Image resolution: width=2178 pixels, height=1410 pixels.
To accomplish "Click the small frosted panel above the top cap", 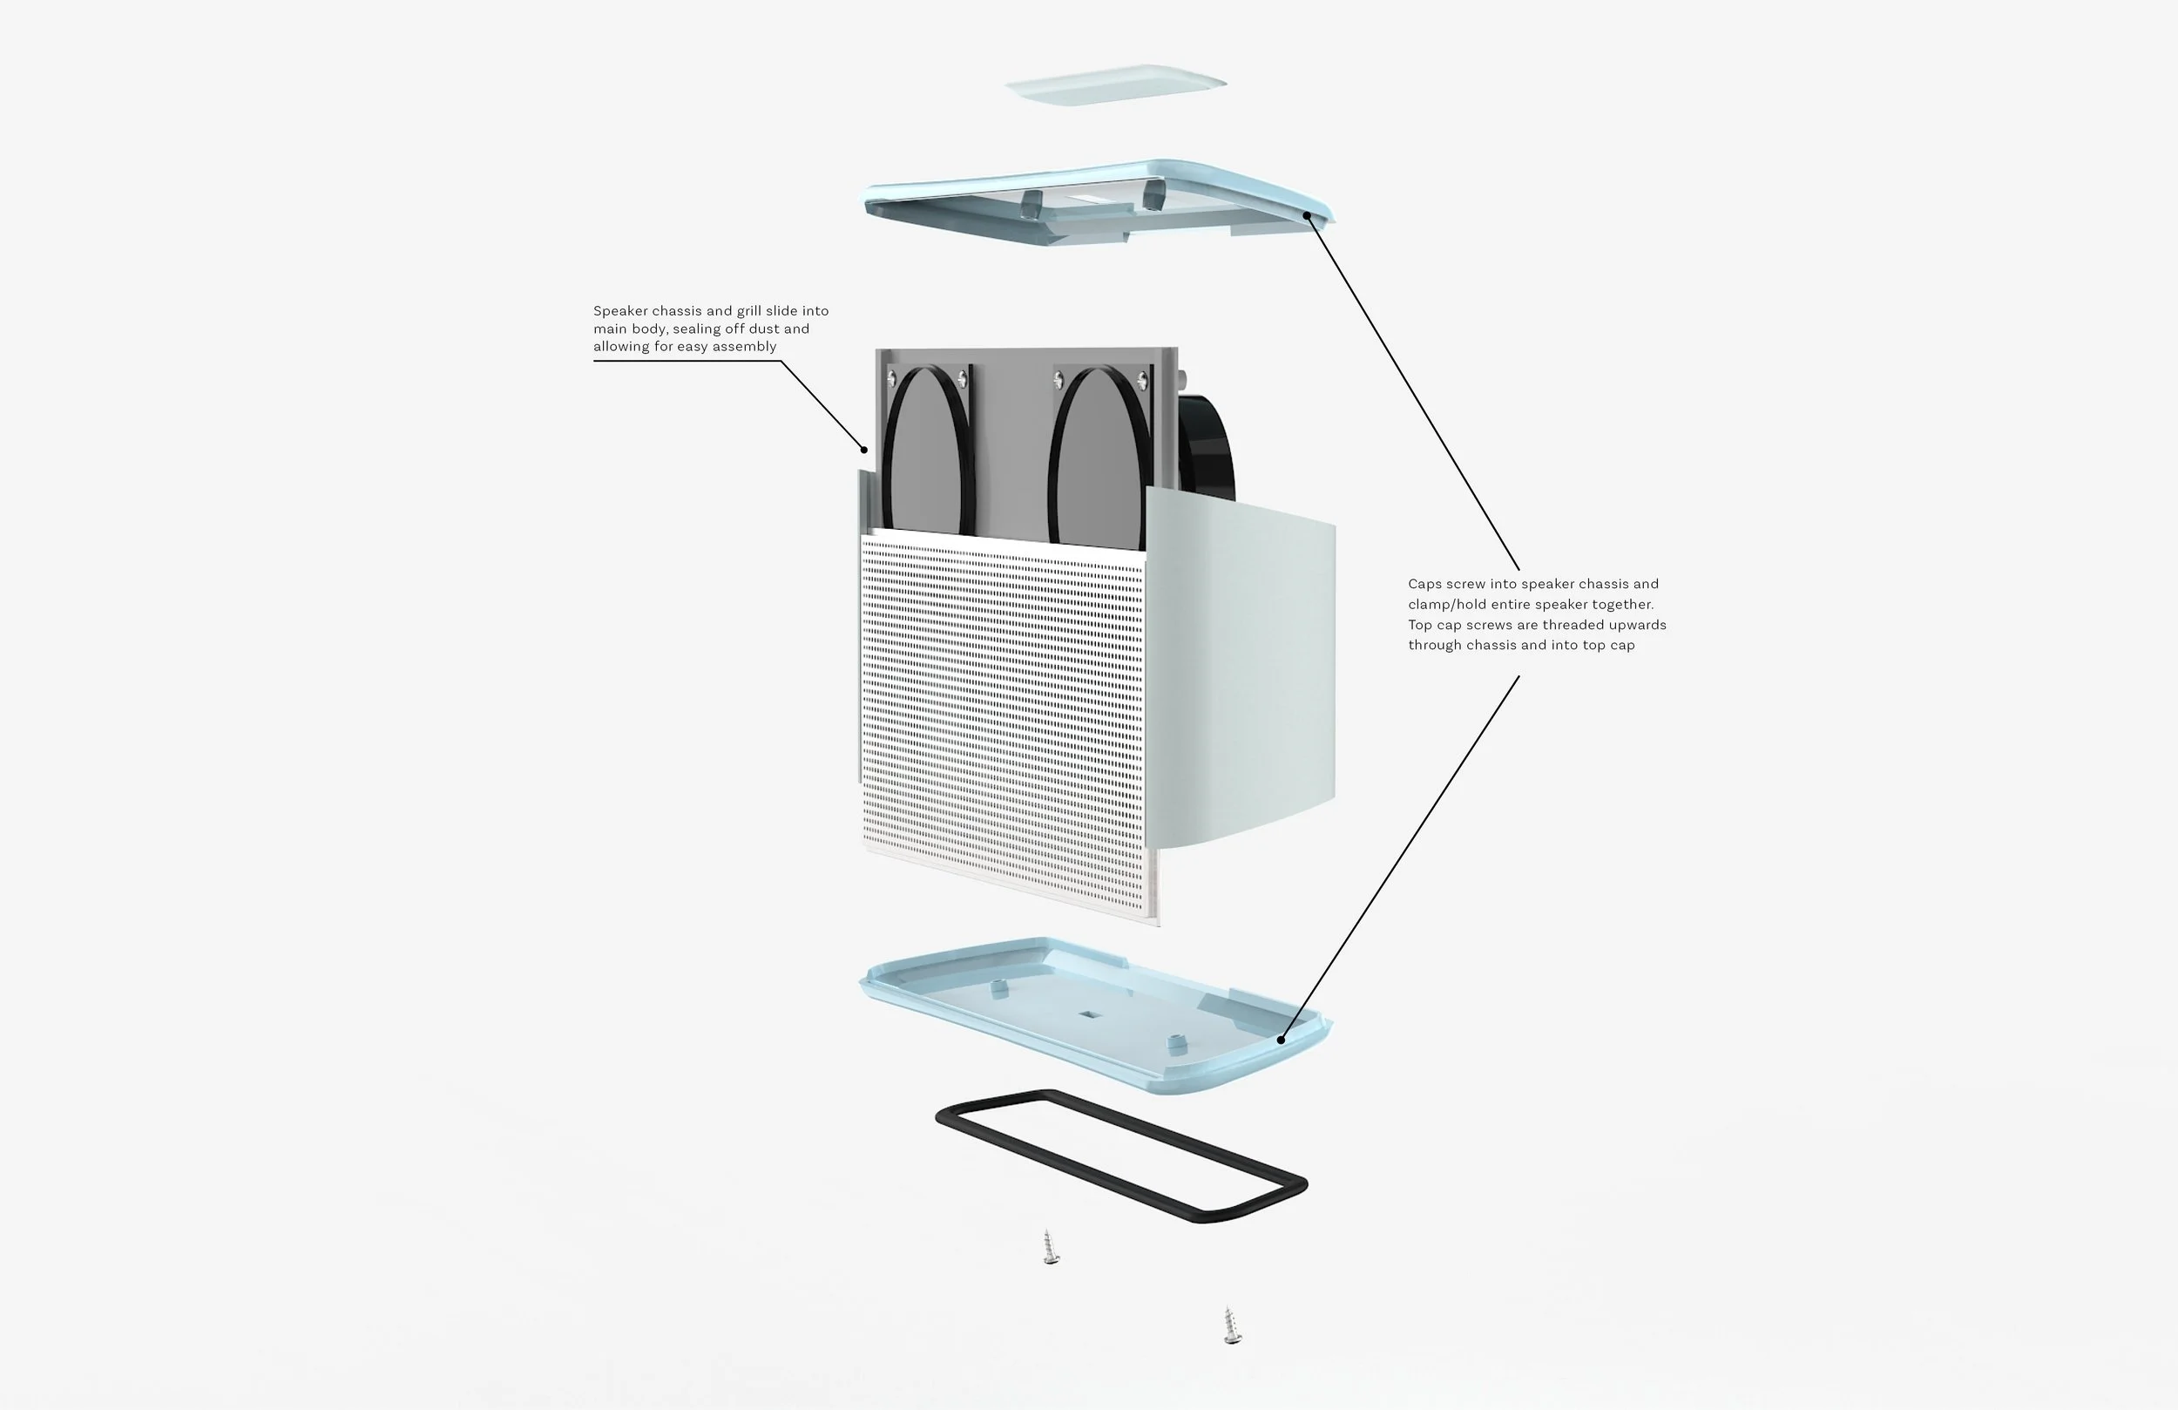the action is pos(1114,85).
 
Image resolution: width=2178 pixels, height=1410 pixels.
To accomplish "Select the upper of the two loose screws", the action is pos(1051,1248).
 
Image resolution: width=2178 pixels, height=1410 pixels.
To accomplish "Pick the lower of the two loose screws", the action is pos(1232,1325).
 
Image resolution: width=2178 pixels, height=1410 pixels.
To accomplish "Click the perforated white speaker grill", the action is pos(1002,715).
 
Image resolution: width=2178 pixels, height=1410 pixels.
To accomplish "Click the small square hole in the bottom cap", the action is pos(1088,1014).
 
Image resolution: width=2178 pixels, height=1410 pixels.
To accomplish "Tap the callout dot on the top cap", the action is pos(1307,216).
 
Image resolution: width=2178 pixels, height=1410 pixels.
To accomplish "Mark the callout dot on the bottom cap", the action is pos(1281,1041).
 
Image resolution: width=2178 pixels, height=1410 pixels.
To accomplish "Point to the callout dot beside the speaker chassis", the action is pos(864,450).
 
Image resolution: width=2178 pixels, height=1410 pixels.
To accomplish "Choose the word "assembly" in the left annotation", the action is pos(744,346).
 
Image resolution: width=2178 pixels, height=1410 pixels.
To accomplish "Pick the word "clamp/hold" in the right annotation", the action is pos(1447,604).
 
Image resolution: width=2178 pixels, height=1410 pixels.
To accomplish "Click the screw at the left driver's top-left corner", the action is pos(891,378).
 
